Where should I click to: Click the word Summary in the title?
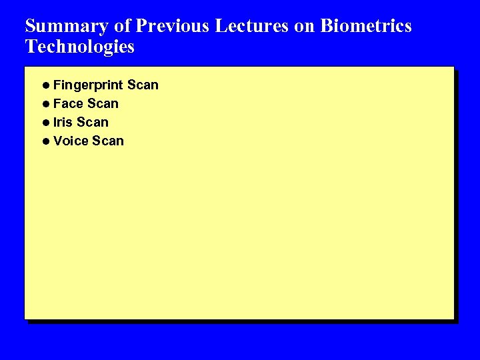(x=66, y=27)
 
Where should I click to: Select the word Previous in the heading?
(x=171, y=26)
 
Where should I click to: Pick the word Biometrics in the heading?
(x=366, y=26)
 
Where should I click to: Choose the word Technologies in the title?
(x=79, y=47)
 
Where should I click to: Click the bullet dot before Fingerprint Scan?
(x=45, y=85)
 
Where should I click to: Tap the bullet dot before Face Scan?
(x=45, y=104)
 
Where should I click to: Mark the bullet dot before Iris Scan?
(x=45, y=123)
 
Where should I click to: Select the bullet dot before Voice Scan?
(x=45, y=141)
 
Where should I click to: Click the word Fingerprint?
(x=88, y=85)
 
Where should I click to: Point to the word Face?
(x=68, y=104)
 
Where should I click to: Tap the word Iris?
(x=63, y=123)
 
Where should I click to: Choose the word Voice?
(x=71, y=141)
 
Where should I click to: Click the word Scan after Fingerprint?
(x=143, y=85)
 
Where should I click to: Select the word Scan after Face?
(x=103, y=104)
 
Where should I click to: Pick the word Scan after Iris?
(x=93, y=123)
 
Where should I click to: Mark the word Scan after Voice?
(x=108, y=141)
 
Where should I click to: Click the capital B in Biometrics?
(x=327, y=26)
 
